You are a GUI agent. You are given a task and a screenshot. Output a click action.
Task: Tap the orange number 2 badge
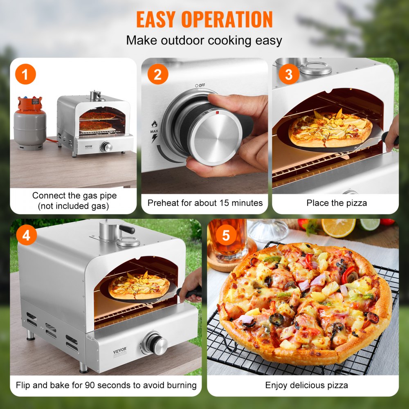tap(158, 75)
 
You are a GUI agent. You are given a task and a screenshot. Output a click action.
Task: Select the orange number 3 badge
tap(289, 75)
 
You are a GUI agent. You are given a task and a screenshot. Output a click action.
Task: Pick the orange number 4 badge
tap(26, 235)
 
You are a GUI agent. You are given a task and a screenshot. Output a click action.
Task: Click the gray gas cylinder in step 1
tap(30, 125)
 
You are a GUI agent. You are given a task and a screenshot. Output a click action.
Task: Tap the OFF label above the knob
tap(201, 85)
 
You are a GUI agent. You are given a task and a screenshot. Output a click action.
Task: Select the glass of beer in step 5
tap(229, 239)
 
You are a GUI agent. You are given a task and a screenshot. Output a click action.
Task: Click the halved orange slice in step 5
tap(338, 228)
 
